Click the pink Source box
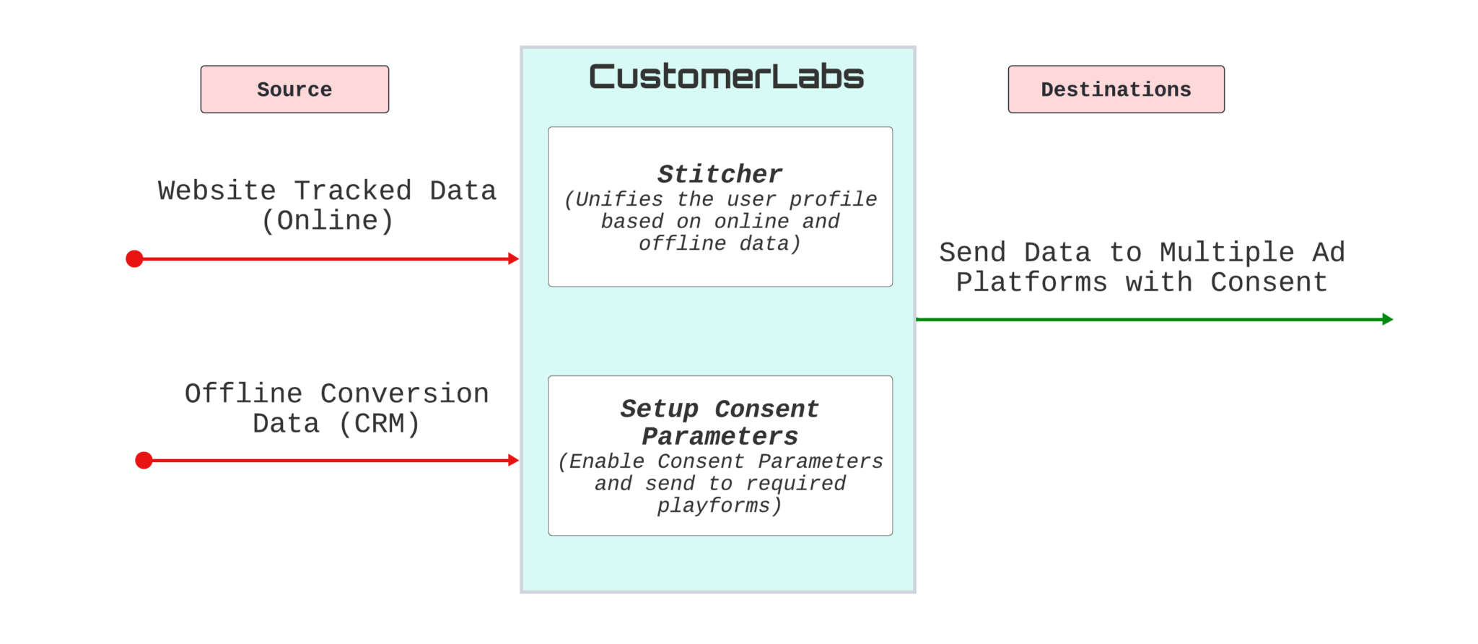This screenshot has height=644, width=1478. (294, 90)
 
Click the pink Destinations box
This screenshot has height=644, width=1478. (1116, 90)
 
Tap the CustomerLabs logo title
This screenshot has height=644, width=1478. (726, 77)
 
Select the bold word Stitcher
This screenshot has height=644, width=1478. (720, 174)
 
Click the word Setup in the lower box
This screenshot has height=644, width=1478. (659, 409)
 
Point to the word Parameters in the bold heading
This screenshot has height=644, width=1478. (720, 437)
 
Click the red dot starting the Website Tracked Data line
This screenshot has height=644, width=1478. (134, 258)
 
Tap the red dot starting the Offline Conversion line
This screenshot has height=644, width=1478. (144, 460)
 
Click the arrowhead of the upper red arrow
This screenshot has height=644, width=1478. (514, 258)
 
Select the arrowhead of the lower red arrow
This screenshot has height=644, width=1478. (514, 460)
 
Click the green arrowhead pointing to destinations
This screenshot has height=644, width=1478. (1387, 319)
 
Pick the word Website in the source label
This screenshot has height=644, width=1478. (217, 191)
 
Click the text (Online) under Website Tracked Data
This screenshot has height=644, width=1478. (327, 221)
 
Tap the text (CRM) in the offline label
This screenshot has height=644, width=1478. (379, 424)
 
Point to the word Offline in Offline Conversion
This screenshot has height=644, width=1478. (243, 394)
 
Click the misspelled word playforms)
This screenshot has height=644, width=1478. (719, 506)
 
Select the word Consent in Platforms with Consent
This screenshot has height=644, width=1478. (1269, 282)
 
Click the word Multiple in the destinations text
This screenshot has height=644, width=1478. (1227, 253)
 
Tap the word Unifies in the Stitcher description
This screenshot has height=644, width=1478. (618, 199)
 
